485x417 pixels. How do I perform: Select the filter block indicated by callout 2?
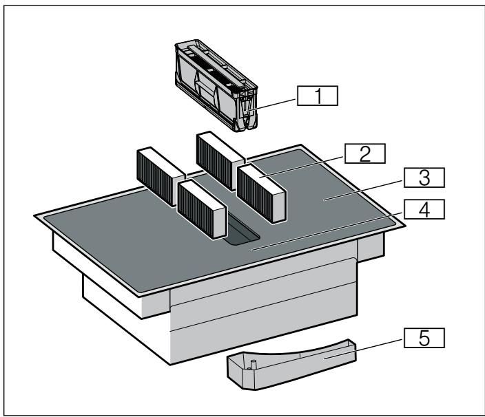pos(262,193)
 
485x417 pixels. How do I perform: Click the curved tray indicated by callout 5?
pos(289,363)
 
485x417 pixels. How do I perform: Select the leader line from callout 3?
pos(365,189)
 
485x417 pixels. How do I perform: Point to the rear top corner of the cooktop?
pos(302,146)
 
